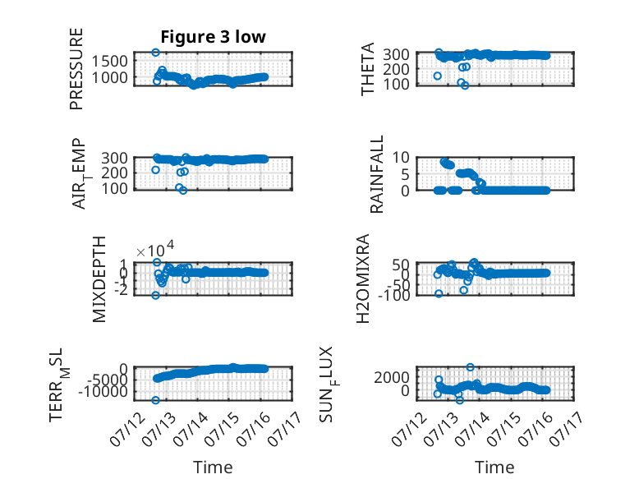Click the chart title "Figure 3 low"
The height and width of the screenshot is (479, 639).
coord(213,37)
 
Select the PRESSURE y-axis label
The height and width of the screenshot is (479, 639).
coord(76,69)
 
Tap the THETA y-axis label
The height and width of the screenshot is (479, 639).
coord(368,69)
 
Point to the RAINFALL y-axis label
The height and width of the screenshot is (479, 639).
coord(376,174)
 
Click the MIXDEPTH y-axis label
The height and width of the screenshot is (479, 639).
coord(99,279)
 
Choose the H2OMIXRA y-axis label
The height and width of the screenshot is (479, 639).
coord(363,279)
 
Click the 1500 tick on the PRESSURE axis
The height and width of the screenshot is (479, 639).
coord(109,61)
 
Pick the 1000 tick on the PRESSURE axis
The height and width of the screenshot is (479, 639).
coord(109,77)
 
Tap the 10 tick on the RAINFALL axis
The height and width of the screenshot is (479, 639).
coord(401,158)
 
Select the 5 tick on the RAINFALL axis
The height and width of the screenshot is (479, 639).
coord(405,174)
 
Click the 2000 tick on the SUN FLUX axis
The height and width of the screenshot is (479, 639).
coord(392,377)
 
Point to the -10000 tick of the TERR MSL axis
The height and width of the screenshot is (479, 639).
coord(103,392)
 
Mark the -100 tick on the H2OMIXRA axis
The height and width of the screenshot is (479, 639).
coord(393,295)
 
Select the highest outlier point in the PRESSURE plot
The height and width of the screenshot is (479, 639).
coord(155,53)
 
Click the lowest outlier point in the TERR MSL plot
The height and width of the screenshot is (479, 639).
coord(155,400)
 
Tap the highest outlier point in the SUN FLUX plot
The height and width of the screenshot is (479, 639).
coord(471,367)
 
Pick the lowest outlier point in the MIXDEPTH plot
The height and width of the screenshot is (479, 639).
coord(156,295)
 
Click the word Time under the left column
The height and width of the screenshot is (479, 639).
coord(213,467)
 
